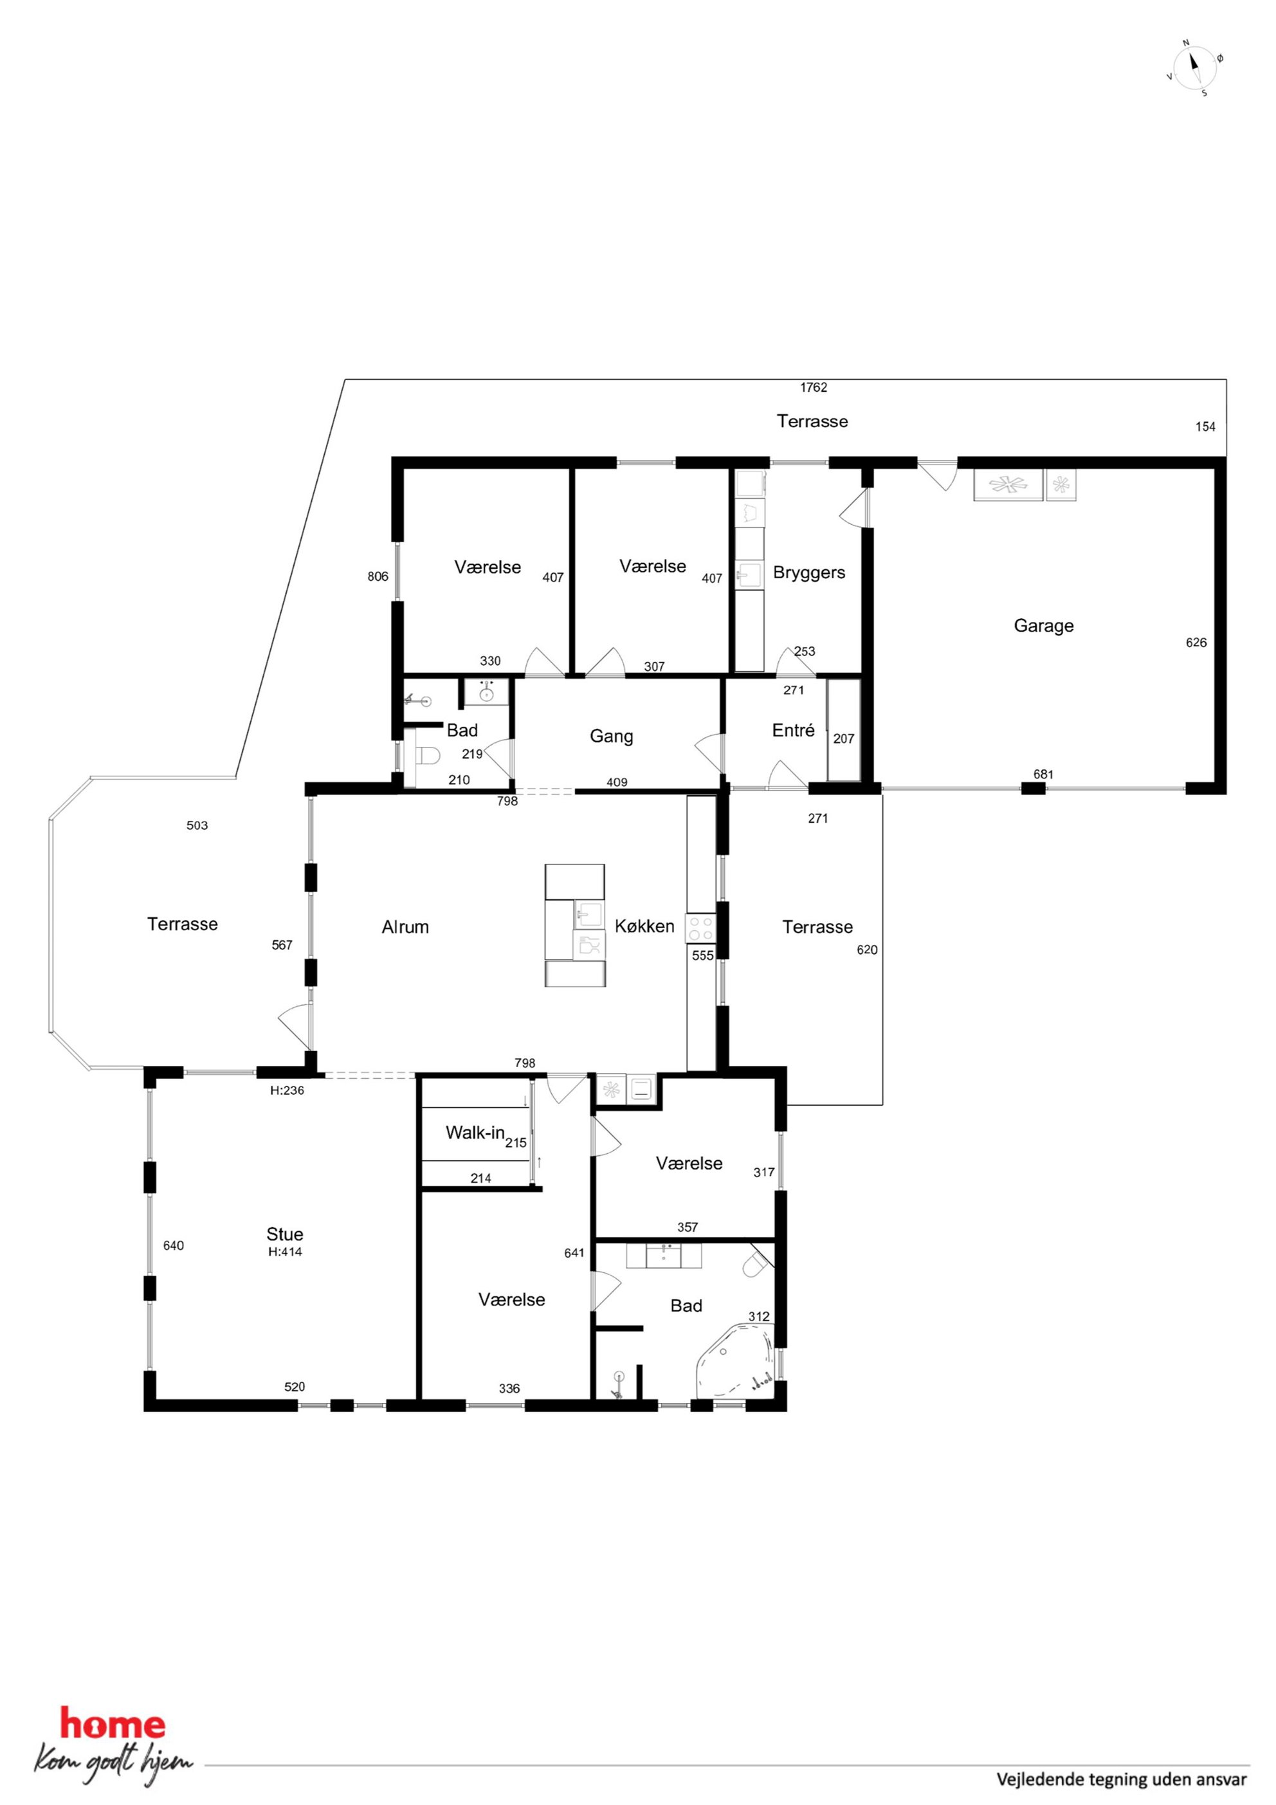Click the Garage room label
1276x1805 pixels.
tap(1043, 626)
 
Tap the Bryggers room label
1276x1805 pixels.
tap(809, 573)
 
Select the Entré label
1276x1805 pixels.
tap(793, 730)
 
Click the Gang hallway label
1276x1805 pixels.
tap(612, 737)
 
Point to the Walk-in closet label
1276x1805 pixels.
tap(475, 1133)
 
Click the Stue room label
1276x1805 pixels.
tap(285, 1234)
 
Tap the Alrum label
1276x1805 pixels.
tap(406, 927)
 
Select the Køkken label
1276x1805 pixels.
tap(644, 926)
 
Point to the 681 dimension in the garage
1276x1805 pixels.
tap(1043, 774)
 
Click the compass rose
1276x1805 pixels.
tap(1195, 68)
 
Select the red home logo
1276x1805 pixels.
tap(113, 1725)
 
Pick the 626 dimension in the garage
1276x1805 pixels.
tap(1196, 642)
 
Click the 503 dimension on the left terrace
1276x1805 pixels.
tap(197, 825)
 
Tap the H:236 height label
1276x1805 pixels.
tap(287, 1090)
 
